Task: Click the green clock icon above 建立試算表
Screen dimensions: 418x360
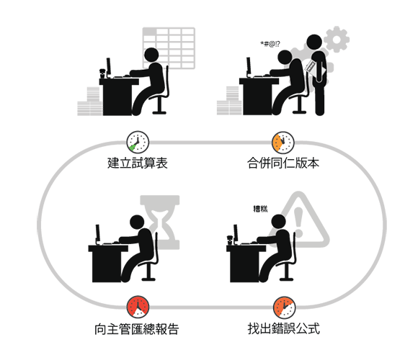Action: [x=138, y=142]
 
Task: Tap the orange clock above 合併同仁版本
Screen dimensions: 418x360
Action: [x=283, y=143]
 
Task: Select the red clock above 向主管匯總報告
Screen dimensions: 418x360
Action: [x=138, y=307]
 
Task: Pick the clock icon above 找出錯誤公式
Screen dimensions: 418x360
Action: [x=285, y=307]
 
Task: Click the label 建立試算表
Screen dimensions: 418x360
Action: [x=138, y=163]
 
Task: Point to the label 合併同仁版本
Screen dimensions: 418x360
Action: [x=283, y=163]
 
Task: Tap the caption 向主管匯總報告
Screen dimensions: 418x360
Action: [x=137, y=329]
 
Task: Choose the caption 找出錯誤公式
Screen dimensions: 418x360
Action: [x=284, y=328]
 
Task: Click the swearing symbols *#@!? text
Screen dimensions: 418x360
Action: [x=270, y=44]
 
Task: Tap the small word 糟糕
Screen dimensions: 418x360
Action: [x=260, y=209]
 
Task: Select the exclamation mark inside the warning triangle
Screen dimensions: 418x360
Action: [x=298, y=222]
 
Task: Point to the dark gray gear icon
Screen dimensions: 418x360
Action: [x=337, y=39]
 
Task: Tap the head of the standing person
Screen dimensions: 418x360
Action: [x=314, y=42]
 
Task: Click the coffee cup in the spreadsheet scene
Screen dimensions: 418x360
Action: [x=102, y=73]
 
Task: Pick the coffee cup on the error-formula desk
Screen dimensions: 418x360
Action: [x=230, y=240]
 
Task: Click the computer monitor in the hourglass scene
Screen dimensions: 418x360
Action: [x=98, y=234]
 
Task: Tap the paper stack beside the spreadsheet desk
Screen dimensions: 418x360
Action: [x=90, y=102]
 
